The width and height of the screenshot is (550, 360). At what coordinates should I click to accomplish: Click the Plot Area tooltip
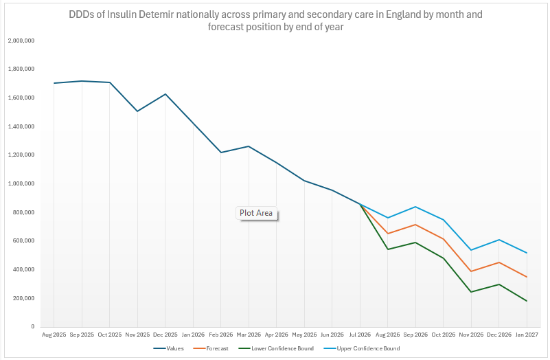(x=256, y=213)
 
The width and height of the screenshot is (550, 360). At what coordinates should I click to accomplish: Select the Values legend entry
(x=168, y=348)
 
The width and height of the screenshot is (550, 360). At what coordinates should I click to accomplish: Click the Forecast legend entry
(x=211, y=348)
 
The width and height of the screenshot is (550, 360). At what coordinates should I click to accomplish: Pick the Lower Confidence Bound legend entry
(x=276, y=348)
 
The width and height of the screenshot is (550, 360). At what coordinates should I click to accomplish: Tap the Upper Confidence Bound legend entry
(x=362, y=348)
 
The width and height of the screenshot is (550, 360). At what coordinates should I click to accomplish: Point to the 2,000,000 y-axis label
(x=21, y=41)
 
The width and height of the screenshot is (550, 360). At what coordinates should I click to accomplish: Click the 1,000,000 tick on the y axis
(x=21, y=183)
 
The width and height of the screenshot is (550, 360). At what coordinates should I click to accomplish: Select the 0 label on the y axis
(x=33, y=326)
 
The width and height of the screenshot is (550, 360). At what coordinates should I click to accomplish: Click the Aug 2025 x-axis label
(x=54, y=335)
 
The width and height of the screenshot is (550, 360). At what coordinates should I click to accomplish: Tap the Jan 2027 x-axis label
(x=527, y=335)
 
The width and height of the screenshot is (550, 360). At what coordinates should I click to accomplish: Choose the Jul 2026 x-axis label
(x=360, y=335)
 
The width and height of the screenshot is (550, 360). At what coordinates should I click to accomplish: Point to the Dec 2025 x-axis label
(x=165, y=335)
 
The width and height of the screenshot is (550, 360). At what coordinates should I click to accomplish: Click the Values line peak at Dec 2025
(x=165, y=94)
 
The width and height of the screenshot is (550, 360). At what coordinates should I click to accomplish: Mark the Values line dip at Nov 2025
(x=137, y=111)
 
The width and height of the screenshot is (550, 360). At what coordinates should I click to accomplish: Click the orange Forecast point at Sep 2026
(x=415, y=225)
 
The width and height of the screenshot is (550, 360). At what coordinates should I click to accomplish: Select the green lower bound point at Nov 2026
(x=471, y=292)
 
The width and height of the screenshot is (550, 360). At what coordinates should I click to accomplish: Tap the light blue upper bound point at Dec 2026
(x=499, y=240)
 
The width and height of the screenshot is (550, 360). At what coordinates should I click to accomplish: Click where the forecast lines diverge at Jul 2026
(x=360, y=204)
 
